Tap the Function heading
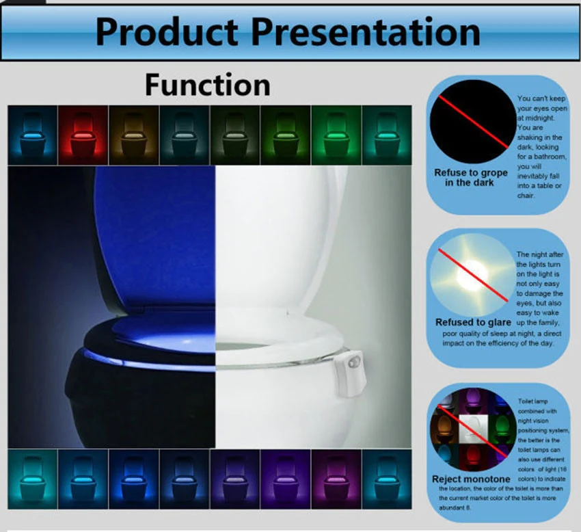pyautogui.click(x=207, y=85)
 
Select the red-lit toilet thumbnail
pyautogui.click(x=83, y=135)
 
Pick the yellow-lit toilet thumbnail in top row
pyautogui.click(x=133, y=135)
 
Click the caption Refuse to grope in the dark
pyautogui.click(x=471, y=178)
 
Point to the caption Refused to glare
pyautogui.click(x=473, y=322)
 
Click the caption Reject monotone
pyautogui.click(x=471, y=479)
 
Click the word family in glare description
pyautogui.click(x=547, y=322)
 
